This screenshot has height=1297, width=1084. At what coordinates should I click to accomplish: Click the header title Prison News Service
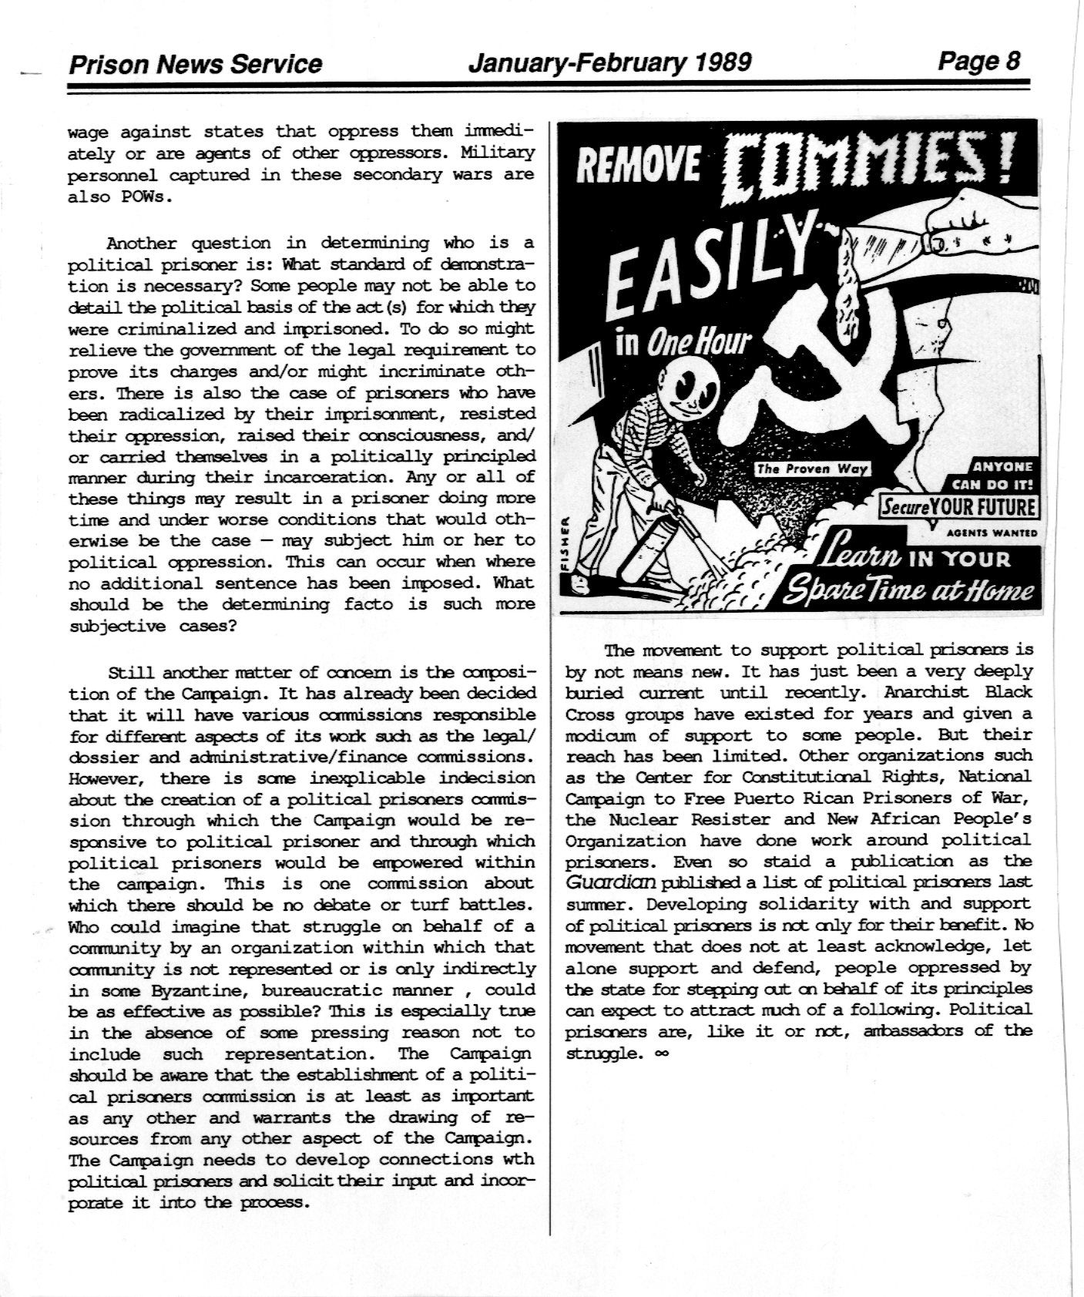[195, 63]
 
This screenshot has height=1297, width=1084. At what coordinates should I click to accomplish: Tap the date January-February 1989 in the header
[609, 62]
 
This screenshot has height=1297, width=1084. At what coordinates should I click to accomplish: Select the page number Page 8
[978, 60]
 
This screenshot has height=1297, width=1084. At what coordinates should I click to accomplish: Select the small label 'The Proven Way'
[811, 469]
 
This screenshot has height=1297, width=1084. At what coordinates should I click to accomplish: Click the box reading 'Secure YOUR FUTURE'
[958, 508]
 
